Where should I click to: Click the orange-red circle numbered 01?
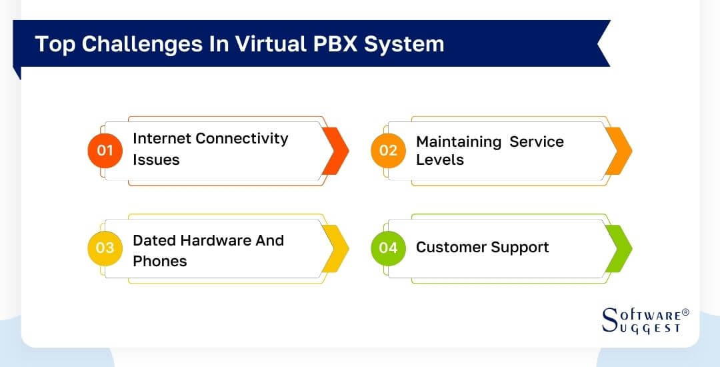coord(105,150)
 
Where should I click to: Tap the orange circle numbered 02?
coord(388,150)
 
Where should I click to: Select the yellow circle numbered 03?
coord(105,248)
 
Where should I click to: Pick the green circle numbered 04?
coord(388,248)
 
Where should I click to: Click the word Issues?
coord(156,160)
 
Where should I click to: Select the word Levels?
coord(440,160)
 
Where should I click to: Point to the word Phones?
coord(160,261)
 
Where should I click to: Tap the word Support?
coord(520,248)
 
